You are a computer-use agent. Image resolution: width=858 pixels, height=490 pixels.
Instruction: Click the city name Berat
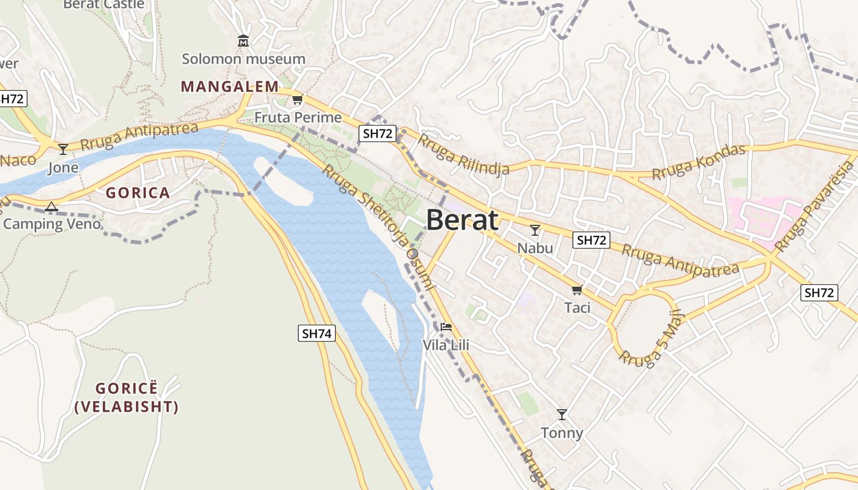[462, 220]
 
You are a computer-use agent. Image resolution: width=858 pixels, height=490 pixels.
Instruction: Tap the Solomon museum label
[243, 59]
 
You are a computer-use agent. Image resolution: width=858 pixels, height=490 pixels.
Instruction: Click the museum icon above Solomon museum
[243, 42]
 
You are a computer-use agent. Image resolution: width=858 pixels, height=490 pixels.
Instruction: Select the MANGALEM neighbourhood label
[226, 87]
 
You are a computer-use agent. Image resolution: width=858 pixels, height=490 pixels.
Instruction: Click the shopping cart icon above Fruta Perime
[297, 100]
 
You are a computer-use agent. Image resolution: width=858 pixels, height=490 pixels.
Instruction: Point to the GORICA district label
[138, 194]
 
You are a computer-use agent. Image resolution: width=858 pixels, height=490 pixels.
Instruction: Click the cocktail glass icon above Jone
[63, 149]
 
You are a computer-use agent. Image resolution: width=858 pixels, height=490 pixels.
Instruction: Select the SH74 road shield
[317, 334]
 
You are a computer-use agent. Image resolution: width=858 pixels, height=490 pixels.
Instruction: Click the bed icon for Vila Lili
[446, 327]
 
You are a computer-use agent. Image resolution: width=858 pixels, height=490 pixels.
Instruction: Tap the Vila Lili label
[446, 345]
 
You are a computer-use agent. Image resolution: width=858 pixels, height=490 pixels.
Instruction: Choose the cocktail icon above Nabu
[535, 230]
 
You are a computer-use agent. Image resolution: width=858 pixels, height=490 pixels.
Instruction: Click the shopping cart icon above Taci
[577, 290]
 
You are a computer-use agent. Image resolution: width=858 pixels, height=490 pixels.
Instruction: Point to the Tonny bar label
[562, 434]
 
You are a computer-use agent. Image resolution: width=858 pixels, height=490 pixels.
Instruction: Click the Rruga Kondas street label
[699, 162]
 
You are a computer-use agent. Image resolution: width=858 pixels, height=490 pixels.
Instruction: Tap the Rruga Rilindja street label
[463, 155]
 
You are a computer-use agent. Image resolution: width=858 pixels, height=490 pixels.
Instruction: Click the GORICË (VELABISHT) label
[127, 398]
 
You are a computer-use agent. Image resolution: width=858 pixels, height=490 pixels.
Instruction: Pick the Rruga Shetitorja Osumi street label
[379, 227]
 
